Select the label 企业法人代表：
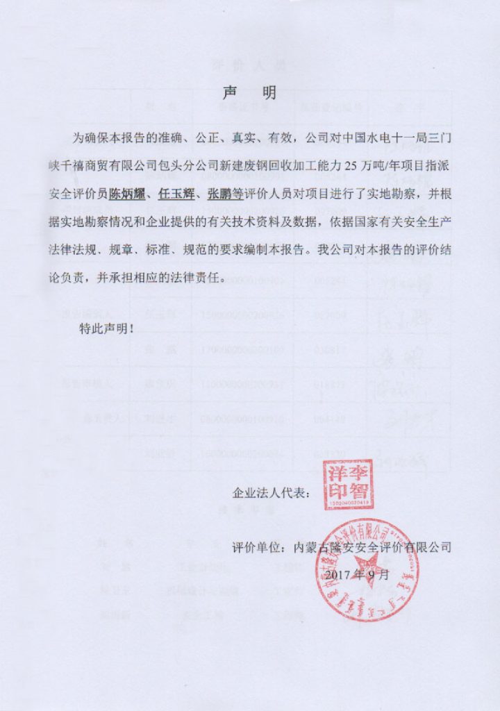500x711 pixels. click(272, 494)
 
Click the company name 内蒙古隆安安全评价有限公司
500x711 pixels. click(373, 547)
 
